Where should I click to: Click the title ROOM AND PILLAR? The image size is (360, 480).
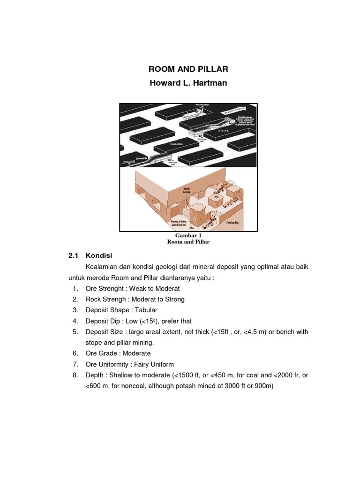[x=188, y=69]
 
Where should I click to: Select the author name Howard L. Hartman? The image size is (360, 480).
[x=188, y=83]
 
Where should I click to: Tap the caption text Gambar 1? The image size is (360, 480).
[x=188, y=235]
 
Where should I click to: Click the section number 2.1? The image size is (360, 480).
[x=73, y=255]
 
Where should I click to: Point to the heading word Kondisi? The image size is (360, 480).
[x=99, y=255]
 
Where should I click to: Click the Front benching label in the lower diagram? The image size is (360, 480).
[x=232, y=223]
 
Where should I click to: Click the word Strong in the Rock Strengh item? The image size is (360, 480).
[x=174, y=299]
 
